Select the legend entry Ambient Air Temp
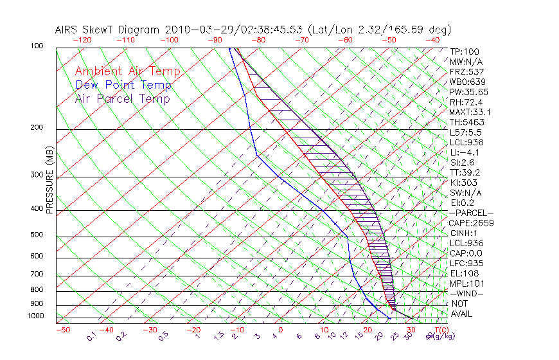pyautogui.click(x=127, y=71)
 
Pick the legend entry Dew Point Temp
pyautogui.click(x=123, y=85)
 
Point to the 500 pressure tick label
pyautogui.click(x=37, y=235)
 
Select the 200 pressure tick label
pyautogui.click(x=37, y=127)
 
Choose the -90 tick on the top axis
pyautogui.click(x=215, y=40)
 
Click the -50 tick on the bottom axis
pyautogui.click(x=62, y=330)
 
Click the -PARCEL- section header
pyautogui.click(x=472, y=213)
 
